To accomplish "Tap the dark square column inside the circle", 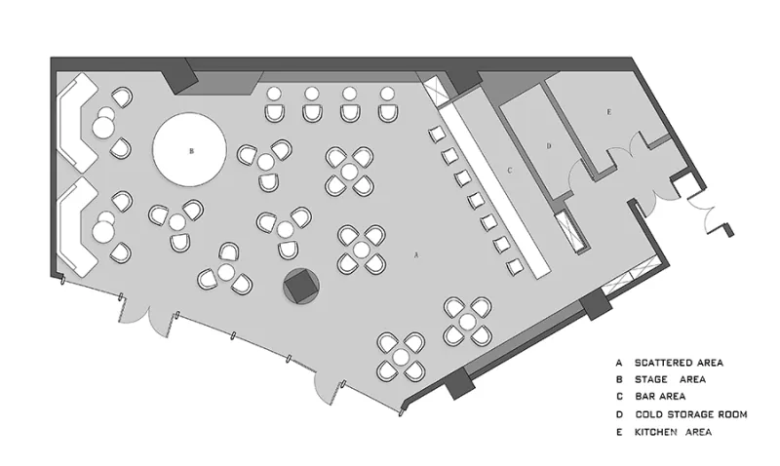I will (301, 285).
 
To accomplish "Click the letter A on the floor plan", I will (416, 254).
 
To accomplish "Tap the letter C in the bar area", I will (509, 171).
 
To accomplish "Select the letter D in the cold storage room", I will (549, 146).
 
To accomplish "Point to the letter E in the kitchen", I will (608, 114).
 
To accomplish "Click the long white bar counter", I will (492, 185).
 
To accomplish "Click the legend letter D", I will (618, 414).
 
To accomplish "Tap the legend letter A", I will (618, 362).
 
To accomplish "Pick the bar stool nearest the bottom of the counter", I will (514, 266).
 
